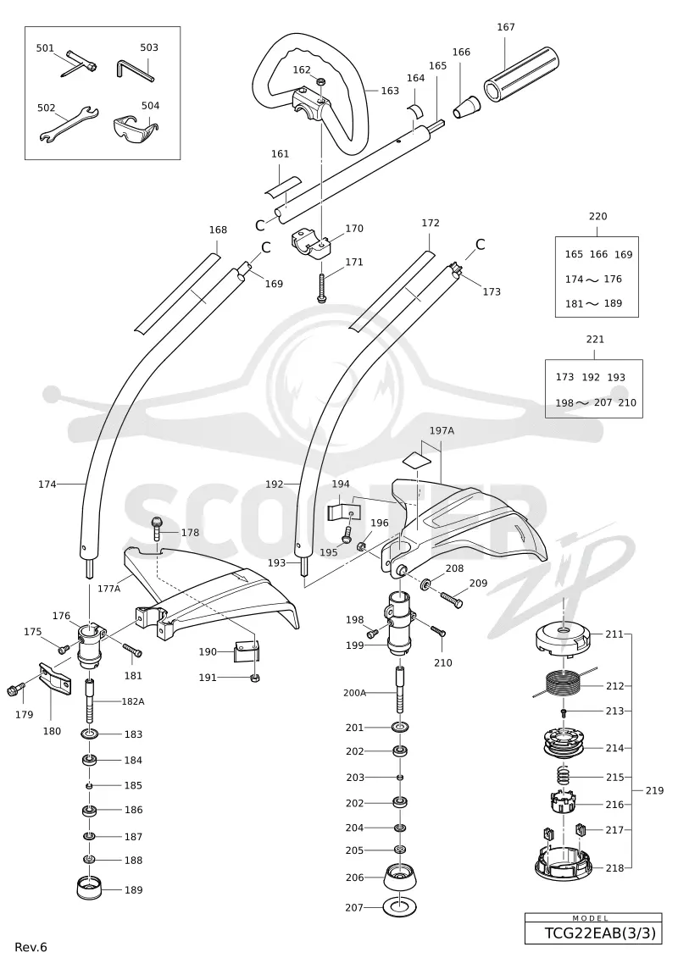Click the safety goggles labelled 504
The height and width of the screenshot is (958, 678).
[x=135, y=126]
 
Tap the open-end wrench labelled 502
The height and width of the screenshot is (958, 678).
[x=69, y=125]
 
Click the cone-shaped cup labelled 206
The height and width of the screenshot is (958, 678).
[x=399, y=878]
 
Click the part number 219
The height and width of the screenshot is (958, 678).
[x=654, y=790]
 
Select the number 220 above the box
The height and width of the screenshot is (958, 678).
[x=598, y=216]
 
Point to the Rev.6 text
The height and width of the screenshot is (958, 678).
[x=31, y=947]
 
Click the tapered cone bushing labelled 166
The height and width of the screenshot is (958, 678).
[x=466, y=107]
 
